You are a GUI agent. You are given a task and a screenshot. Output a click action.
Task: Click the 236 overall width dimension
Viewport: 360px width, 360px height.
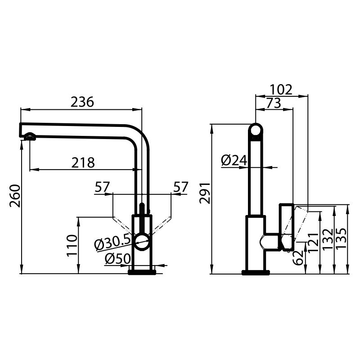(x=82, y=102)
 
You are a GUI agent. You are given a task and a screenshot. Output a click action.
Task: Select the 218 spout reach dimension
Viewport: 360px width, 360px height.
(x=83, y=162)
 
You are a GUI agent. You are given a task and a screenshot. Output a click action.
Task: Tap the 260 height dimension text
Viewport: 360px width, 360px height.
(x=15, y=196)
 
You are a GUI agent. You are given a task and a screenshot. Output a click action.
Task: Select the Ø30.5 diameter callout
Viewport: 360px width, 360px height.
(x=112, y=243)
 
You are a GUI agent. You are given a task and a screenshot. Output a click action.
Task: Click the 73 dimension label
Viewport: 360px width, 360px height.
(x=273, y=103)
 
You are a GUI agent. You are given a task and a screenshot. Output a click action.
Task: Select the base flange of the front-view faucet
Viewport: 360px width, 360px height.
(x=142, y=271)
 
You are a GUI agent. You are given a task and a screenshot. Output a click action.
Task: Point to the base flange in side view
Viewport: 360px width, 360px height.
(x=256, y=272)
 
